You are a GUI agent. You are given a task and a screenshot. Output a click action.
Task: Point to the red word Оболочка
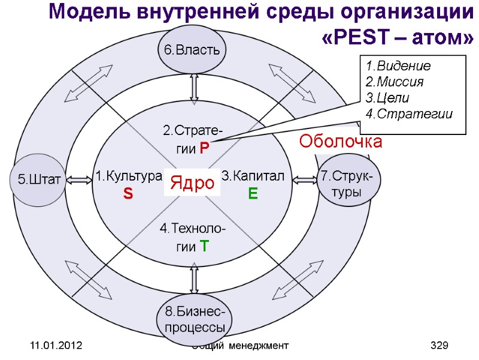pos(341,142)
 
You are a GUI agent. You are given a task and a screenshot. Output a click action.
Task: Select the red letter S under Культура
pos(128,194)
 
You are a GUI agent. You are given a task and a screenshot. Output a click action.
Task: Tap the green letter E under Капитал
pos(252,194)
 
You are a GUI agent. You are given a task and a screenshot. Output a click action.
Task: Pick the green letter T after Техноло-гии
pos(204,246)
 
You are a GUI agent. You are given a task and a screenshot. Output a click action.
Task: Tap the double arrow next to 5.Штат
pos(78,179)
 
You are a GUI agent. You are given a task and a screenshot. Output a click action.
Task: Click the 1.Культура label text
pos(128,176)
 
